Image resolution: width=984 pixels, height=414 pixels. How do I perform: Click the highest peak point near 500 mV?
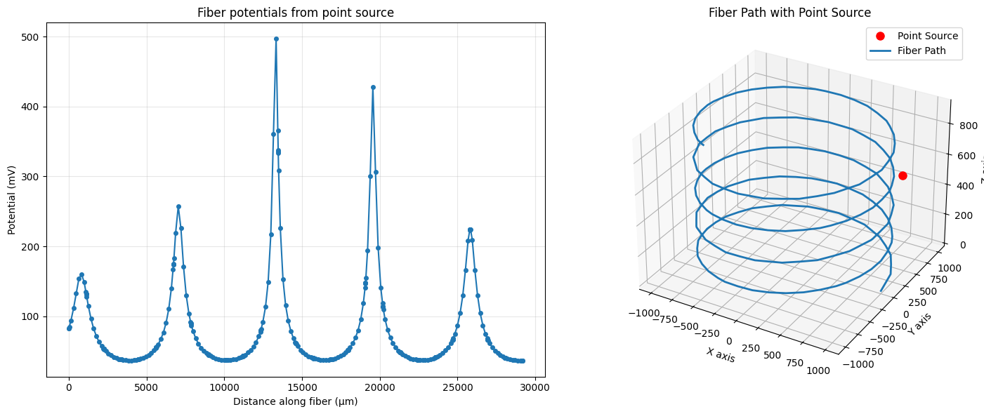click(276, 39)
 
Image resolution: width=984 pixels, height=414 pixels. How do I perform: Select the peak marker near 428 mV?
click(373, 88)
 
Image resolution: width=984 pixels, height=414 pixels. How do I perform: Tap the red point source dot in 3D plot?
click(903, 175)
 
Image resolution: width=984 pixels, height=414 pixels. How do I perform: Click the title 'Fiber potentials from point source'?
click(295, 13)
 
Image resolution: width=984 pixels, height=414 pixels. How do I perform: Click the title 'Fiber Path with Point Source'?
click(789, 13)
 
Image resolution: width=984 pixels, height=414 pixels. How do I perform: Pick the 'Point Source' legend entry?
click(927, 36)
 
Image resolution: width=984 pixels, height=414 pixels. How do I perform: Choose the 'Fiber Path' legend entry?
click(921, 51)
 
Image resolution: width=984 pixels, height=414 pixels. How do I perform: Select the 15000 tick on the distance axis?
click(302, 387)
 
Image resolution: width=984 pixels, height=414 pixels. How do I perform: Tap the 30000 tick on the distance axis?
click(535, 387)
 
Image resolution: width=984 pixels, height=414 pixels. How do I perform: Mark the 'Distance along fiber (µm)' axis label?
click(295, 401)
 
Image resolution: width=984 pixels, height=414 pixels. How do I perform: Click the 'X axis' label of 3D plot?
click(720, 355)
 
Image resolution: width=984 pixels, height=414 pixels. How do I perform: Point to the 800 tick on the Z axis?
click(966, 126)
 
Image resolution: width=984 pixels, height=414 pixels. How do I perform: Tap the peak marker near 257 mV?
click(178, 207)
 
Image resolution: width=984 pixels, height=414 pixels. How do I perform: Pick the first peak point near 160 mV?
click(81, 275)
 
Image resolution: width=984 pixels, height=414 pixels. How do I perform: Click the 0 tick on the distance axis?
click(69, 387)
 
